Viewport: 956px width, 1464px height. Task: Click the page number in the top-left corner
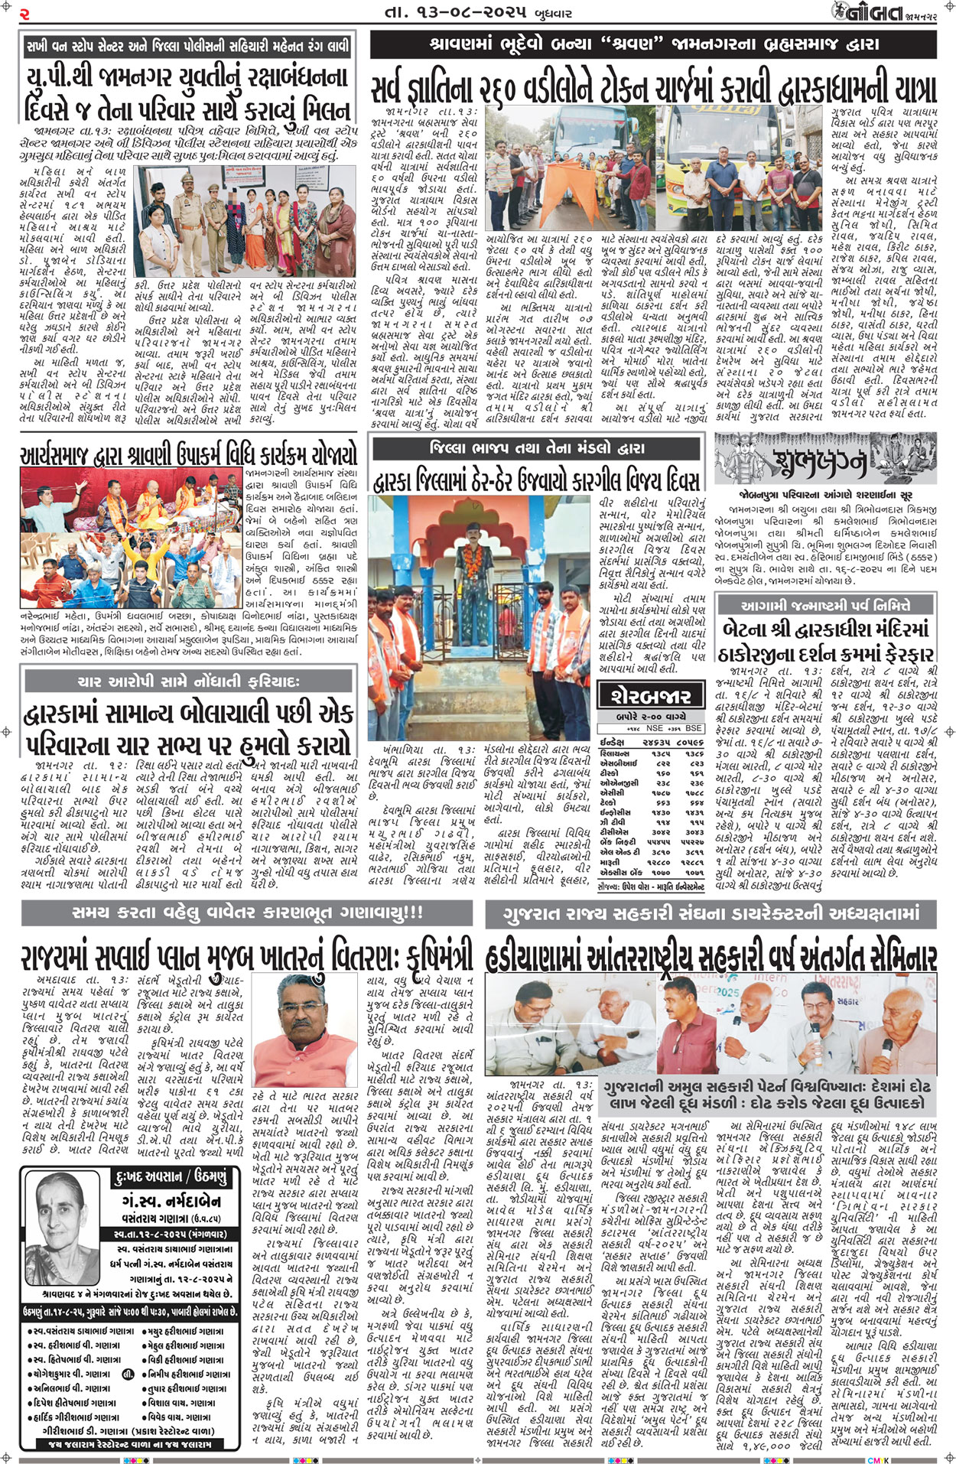(24, 14)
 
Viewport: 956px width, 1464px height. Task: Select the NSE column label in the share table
(654, 728)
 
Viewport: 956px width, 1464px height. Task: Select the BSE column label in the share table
(694, 728)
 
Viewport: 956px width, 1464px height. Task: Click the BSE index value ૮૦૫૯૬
(691, 742)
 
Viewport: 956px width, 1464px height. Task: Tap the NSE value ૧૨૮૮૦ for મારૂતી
(660, 862)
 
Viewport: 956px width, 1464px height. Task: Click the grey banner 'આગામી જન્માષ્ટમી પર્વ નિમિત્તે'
(825, 605)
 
